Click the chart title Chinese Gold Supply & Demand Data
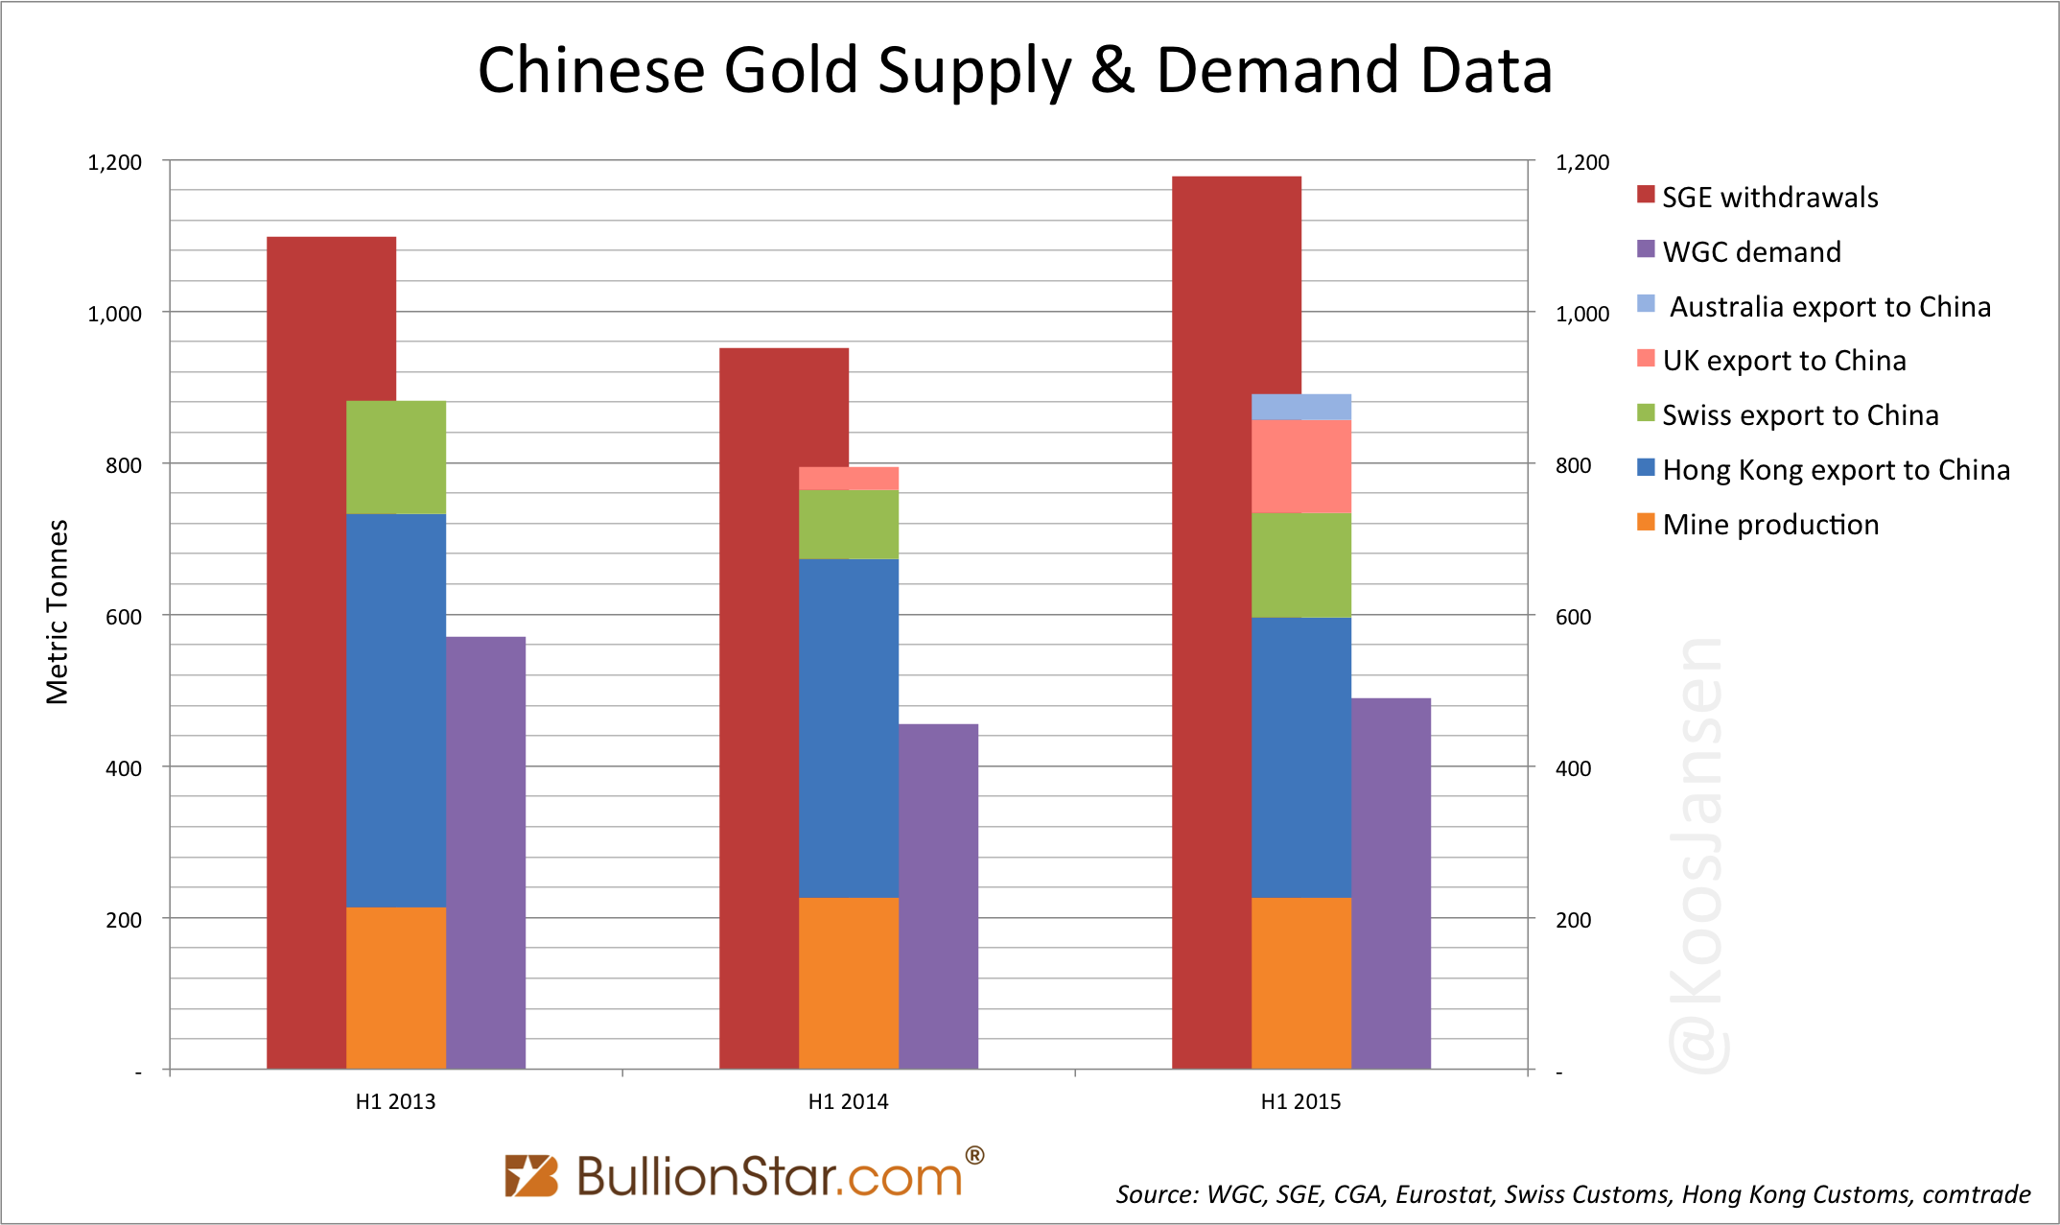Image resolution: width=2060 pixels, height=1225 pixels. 1015,71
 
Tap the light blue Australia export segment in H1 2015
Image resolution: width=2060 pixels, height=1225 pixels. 1300,407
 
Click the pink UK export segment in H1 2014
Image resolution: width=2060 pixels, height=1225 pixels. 848,479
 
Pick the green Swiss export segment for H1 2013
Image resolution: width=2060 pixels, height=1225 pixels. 395,457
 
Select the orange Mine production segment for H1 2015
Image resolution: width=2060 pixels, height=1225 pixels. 1300,982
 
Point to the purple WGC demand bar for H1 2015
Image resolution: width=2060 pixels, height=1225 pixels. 1391,883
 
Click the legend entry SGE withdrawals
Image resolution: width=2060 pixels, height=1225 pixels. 1768,198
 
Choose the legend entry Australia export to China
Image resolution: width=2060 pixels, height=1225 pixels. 1828,307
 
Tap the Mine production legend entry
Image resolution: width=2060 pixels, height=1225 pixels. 1769,525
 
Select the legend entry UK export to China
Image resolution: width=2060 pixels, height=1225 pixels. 1783,361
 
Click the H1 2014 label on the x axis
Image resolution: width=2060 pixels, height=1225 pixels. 848,1101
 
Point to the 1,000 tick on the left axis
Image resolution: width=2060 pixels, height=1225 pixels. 114,314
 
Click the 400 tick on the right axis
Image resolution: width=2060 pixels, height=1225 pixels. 1573,768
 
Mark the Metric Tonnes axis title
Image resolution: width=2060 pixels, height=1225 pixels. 58,612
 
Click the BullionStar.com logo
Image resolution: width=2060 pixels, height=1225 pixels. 744,1175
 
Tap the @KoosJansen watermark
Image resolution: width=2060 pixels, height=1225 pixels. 1697,854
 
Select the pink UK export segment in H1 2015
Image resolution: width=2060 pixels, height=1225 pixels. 1300,466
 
